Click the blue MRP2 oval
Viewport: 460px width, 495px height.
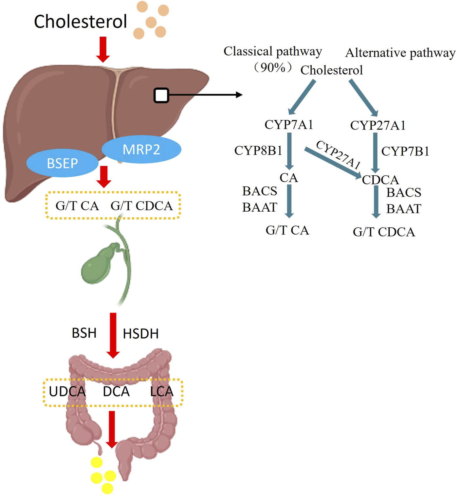click(x=141, y=149)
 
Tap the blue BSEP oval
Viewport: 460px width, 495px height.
click(x=62, y=163)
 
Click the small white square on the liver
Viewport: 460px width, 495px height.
click(x=161, y=95)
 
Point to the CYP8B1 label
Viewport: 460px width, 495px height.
click(x=258, y=150)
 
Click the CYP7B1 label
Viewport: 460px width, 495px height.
click(x=405, y=151)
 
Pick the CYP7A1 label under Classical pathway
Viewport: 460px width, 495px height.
click(x=289, y=125)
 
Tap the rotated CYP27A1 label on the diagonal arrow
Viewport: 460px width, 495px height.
click(x=339, y=154)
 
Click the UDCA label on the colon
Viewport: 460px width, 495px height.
click(x=67, y=392)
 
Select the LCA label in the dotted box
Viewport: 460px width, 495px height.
click(x=161, y=392)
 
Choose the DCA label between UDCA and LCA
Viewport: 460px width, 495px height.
click(x=116, y=392)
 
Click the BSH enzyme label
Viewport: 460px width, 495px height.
click(x=84, y=333)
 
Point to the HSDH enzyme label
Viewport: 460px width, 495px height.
click(x=141, y=334)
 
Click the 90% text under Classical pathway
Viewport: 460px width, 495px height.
click(x=273, y=67)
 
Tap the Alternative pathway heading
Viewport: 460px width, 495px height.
click(x=400, y=53)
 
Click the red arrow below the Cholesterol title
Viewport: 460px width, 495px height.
click(x=103, y=49)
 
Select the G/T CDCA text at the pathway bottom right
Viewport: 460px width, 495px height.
click(x=384, y=232)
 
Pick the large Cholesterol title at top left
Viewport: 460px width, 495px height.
click(x=81, y=22)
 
